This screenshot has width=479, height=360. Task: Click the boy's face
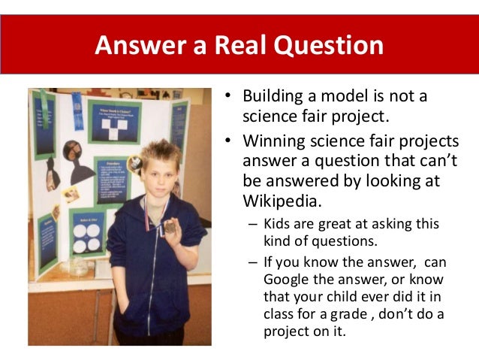pos(161,178)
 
